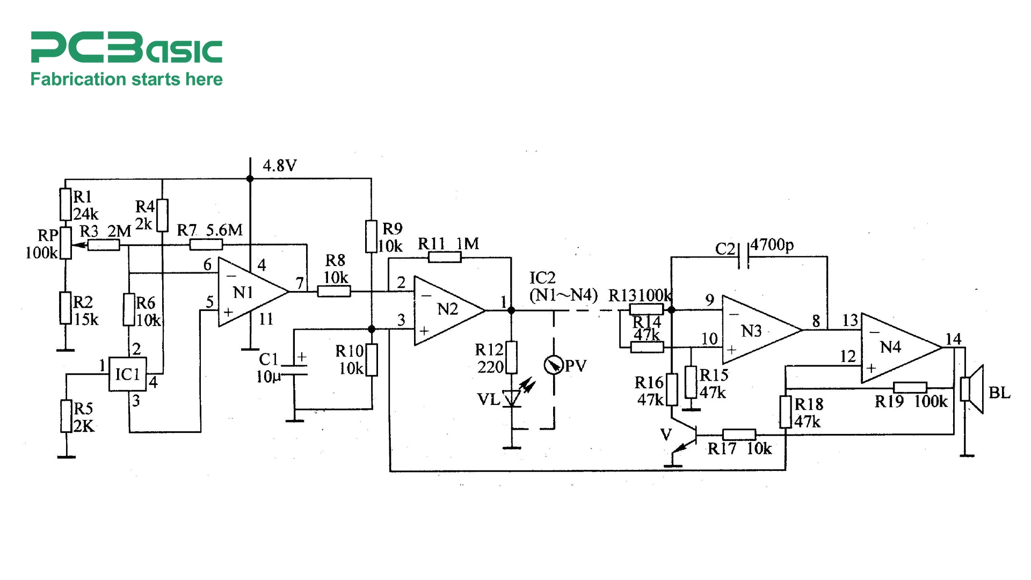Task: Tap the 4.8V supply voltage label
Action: pyautogui.click(x=279, y=166)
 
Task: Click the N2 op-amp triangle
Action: pyautogui.click(x=446, y=310)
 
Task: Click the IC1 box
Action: pyautogui.click(x=127, y=374)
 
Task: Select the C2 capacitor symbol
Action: pyautogui.click(x=744, y=256)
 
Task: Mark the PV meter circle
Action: pyautogui.click(x=553, y=365)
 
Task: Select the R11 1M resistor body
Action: pyautogui.click(x=445, y=257)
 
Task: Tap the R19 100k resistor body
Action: pyautogui.click(x=910, y=387)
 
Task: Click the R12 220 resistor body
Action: pyautogui.click(x=512, y=357)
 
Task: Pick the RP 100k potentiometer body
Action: pyautogui.click(x=66, y=243)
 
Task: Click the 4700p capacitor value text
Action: pyautogui.click(x=772, y=245)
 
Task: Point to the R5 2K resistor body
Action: pyautogui.click(x=66, y=416)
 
